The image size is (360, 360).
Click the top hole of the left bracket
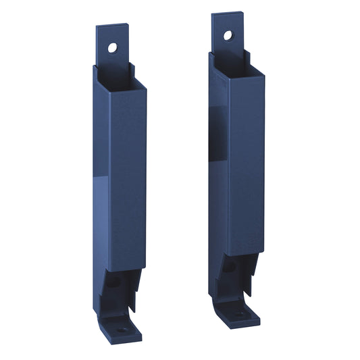tap(112, 47)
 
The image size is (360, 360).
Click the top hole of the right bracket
tap(228, 35)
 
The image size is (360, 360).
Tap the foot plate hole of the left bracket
tap(122, 330)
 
